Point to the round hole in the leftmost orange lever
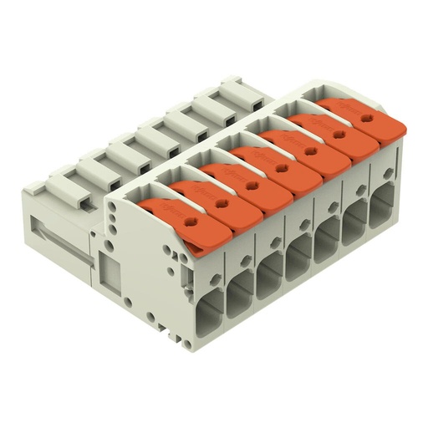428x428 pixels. point(191,222)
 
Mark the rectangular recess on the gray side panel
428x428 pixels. point(108,271)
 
